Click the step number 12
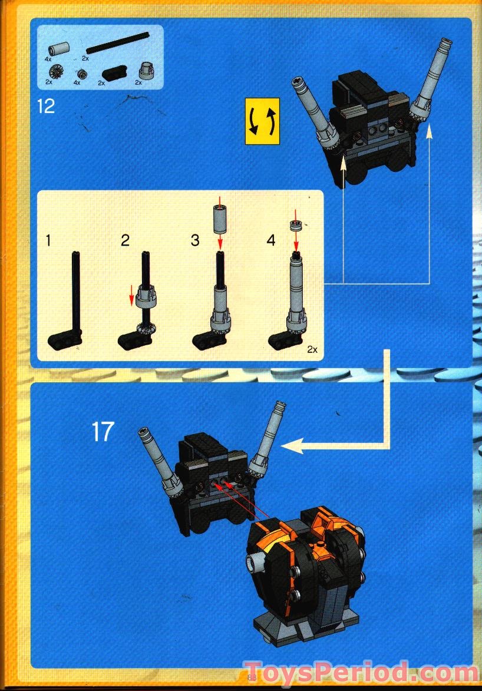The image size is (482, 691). click(45, 107)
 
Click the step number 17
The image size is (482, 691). click(103, 432)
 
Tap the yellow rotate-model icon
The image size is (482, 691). click(262, 121)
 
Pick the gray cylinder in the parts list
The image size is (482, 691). click(60, 48)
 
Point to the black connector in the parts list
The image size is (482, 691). click(113, 74)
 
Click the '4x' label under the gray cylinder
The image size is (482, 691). click(48, 59)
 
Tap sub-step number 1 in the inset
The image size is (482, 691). click(49, 240)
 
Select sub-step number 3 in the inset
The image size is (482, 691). click(195, 240)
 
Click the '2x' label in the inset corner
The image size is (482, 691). click(312, 349)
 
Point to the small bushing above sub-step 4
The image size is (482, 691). click(296, 226)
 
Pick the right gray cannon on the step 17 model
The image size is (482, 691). click(268, 437)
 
